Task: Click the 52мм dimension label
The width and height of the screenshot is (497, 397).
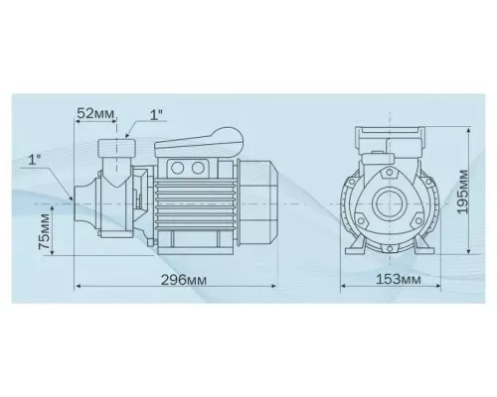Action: (95, 114)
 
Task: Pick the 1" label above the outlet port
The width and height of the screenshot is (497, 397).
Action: (155, 114)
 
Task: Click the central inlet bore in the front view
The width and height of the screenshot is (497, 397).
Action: (391, 203)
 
